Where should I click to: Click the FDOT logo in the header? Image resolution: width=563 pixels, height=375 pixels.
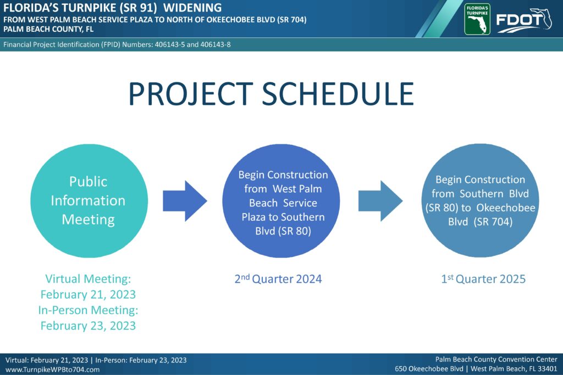524,20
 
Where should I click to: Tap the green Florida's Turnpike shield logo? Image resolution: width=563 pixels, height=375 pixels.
477,19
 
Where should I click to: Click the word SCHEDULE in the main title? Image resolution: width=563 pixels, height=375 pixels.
338,93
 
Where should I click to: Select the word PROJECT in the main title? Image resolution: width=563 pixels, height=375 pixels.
191,93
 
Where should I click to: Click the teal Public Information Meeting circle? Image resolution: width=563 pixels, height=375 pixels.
89,201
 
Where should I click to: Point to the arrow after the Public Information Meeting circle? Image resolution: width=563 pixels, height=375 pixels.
185,201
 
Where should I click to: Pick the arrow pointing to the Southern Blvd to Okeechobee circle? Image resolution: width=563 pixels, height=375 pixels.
380,201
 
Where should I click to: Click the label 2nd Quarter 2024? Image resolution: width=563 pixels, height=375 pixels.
278,278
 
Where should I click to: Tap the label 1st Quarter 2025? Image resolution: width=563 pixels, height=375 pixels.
483,278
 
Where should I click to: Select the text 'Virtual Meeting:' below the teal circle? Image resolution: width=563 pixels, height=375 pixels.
88,278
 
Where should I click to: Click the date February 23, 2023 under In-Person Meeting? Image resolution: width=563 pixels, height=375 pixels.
88,326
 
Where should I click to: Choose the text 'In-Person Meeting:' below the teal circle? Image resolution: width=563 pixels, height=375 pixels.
88,310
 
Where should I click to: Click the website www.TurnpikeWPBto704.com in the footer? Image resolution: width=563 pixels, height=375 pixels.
52,370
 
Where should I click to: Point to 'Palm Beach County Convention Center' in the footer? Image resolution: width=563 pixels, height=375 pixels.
496,359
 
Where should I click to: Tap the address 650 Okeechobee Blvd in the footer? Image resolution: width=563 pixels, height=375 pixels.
429,368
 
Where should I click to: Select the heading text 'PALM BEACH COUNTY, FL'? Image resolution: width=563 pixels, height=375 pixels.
48,29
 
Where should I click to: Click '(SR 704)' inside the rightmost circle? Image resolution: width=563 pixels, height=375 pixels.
493,222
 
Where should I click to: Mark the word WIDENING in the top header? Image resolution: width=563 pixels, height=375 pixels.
192,8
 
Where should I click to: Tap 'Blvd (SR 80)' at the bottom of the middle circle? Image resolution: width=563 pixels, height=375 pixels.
283,231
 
